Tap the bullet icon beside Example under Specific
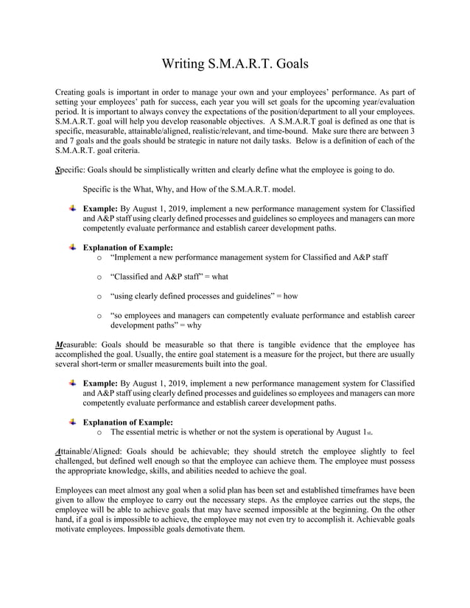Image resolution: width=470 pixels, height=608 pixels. (72, 208)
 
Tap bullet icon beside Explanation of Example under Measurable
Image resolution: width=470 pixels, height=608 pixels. (72, 422)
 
